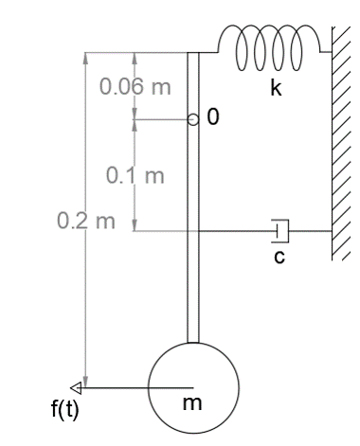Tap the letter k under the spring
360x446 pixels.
[x=276, y=90]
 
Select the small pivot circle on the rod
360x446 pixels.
[x=192, y=120]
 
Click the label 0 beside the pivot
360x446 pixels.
[x=212, y=118]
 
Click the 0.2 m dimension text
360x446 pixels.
[x=84, y=223]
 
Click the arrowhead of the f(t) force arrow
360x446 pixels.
[x=83, y=387]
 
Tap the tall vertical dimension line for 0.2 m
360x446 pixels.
[x=86, y=284]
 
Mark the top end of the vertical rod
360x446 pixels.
[x=193, y=57]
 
